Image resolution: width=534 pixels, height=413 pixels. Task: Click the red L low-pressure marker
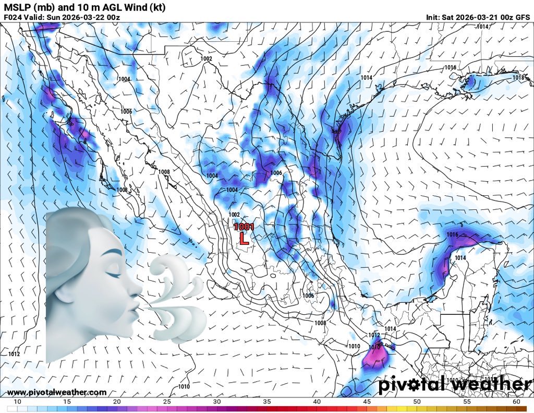243,239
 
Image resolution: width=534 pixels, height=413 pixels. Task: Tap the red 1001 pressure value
244,227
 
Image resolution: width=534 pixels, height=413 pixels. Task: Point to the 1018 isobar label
518,78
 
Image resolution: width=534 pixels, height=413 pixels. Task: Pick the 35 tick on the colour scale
267,401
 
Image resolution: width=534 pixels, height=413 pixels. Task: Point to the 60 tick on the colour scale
516,401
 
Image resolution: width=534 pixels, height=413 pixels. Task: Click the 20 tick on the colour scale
117,401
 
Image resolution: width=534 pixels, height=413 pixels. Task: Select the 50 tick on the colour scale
417,401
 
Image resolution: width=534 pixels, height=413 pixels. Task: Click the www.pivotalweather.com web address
57,392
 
